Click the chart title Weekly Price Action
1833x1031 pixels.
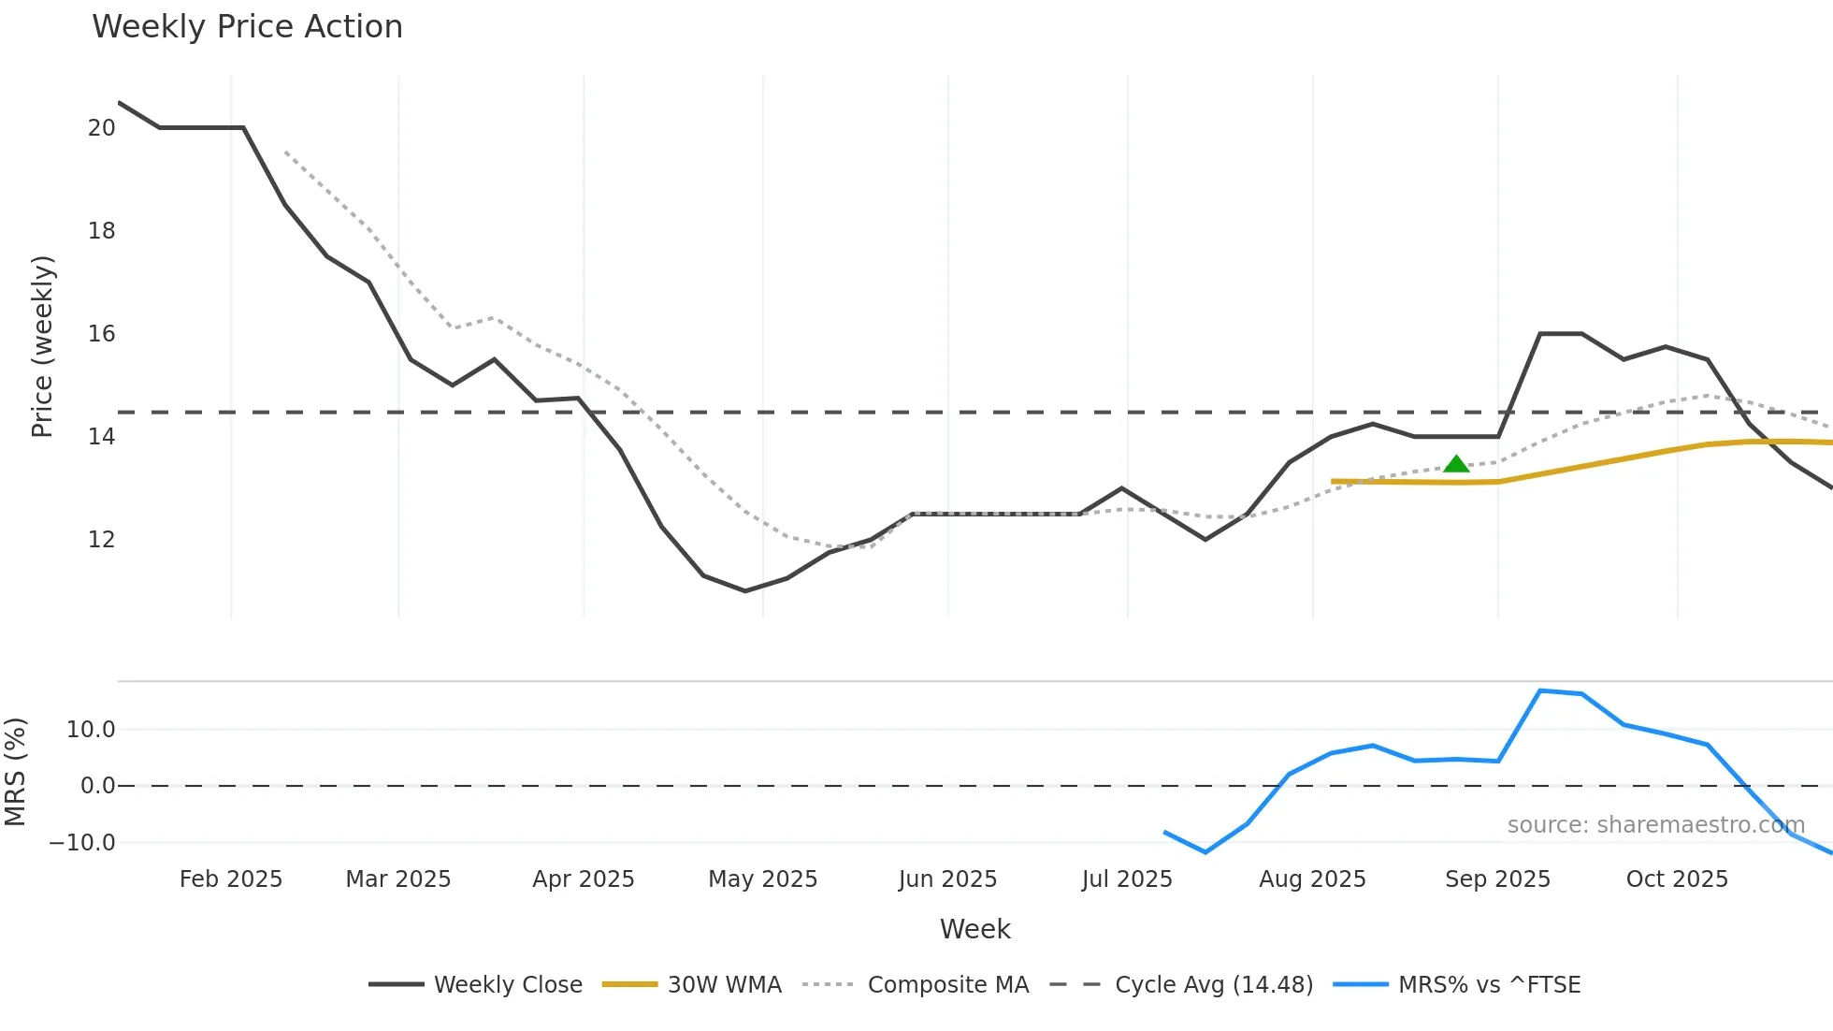tap(247, 27)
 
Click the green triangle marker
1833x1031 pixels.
tap(1456, 464)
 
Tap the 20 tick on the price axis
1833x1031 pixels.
tap(101, 128)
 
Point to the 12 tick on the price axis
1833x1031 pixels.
tap(101, 540)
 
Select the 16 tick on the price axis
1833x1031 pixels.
tap(101, 334)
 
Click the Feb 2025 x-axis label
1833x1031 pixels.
tap(230, 879)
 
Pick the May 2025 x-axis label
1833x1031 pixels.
tap(762, 879)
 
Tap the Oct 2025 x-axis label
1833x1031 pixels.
tap(1677, 879)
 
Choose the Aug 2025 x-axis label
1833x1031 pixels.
tap(1312, 879)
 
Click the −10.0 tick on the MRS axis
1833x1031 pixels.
tap(82, 843)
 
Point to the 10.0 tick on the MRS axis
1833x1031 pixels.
tap(91, 730)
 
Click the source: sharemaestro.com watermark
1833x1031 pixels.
tap(1655, 825)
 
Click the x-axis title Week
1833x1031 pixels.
tap(974, 929)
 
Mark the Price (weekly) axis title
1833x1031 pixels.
tap(43, 346)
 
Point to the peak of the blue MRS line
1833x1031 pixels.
tap(1540, 691)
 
